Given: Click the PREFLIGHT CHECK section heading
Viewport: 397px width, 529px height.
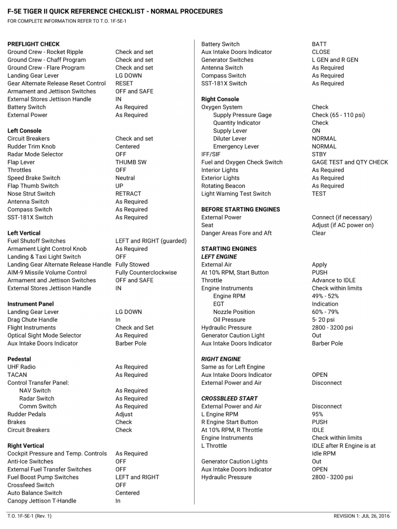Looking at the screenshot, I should tap(34, 44).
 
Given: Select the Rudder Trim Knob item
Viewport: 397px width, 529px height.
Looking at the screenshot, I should tap(31, 146).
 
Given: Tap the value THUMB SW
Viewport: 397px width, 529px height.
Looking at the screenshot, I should tap(131, 162).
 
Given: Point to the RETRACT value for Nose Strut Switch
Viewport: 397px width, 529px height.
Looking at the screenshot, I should tap(128, 194).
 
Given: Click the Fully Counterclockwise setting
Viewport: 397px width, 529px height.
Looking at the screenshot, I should tap(146, 272).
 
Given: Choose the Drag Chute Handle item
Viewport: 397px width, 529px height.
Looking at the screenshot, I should tap(32, 320).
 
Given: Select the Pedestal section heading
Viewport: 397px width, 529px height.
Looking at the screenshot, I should tap(19, 359).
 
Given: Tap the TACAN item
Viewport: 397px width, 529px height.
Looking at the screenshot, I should tap(17, 375).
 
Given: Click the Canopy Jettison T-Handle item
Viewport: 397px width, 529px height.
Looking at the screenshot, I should tap(42, 501).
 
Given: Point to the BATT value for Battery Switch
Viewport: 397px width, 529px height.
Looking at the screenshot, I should tap(319, 44).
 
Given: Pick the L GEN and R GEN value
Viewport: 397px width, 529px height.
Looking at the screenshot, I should tap(335, 60).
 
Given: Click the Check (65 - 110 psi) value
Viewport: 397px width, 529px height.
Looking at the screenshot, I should tap(338, 115).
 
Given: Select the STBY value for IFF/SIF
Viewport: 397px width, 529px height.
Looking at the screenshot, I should tap(319, 154).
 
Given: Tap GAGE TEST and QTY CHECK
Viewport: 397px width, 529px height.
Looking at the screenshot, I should tap(350, 162).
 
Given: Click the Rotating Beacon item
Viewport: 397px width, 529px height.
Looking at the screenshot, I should tap(223, 186).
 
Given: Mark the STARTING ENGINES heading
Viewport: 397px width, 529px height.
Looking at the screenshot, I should tap(229, 249).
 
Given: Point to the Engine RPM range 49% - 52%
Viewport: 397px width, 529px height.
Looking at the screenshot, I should tap(325, 296).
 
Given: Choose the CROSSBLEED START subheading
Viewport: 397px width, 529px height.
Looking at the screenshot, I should tap(229, 399).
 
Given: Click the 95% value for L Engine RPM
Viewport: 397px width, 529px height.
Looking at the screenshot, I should tap(317, 414).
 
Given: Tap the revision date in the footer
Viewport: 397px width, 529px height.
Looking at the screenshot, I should tap(362, 516).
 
